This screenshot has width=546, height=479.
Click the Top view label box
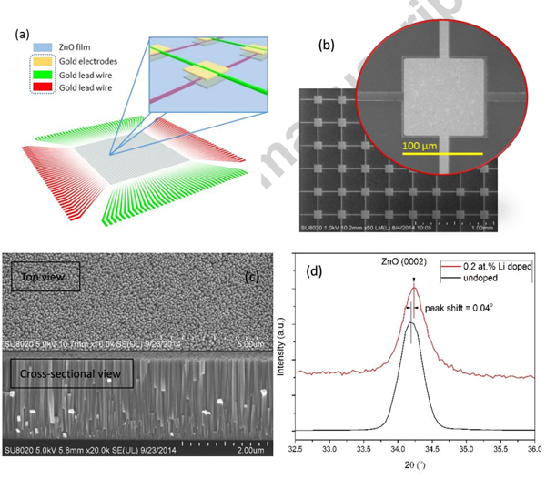coord(44,275)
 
